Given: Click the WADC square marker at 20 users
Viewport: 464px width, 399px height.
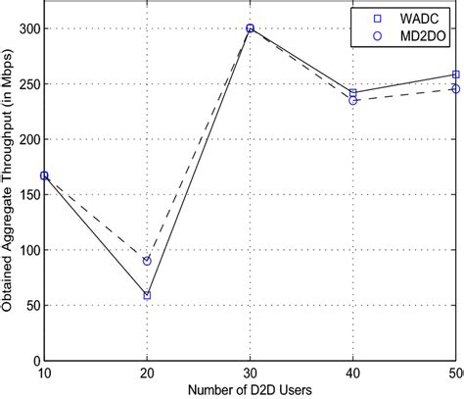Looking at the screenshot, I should pyautogui.click(x=147, y=295).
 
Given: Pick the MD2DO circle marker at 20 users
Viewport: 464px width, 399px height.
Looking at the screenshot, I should pyautogui.click(x=147, y=261).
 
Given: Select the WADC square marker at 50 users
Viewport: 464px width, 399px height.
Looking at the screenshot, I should pyautogui.click(x=456, y=75).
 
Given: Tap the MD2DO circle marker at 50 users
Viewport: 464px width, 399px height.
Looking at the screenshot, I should pyautogui.click(x=456, y=89).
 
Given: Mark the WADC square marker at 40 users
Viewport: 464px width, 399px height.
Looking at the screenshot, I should pyautogui.click(x=353, y=93).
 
